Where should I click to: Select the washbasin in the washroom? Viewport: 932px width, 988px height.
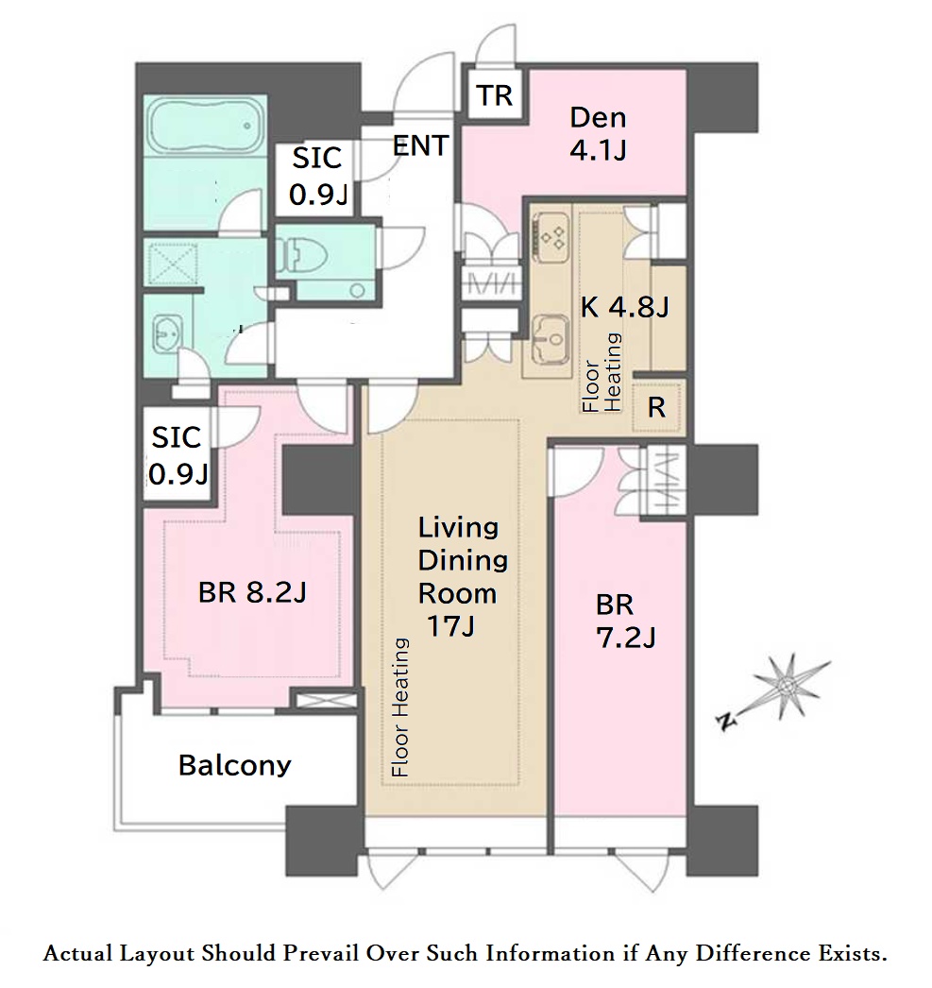click(x=166, y=332)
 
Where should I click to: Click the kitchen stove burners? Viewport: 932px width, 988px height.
click(x=551, y=237)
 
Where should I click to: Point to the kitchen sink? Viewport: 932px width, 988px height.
click(x=551, y=340)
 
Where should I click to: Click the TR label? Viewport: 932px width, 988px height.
click(x=495, y=95)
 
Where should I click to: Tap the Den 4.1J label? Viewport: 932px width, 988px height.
click(x=599, y=133)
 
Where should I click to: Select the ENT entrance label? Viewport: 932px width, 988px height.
click(x=420, y=145)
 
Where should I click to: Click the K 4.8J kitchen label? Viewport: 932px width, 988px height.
click(x=624, y=307)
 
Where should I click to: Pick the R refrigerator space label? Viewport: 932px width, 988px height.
click(x=656, y=408)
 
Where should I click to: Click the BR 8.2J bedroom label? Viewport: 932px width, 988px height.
click(x=252, y=592)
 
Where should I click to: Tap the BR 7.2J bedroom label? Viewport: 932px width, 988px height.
click(x=625, y=622)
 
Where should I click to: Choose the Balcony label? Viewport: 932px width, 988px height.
click(x=235, y=765)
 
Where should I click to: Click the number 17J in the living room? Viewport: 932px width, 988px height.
click(x=450, y=625)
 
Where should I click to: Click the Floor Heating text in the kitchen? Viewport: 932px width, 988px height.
click(x=602, y=372)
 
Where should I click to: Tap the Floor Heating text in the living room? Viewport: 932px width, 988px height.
click(x=399, y=707)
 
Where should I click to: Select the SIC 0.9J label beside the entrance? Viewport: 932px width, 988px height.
click(x=318, y=176)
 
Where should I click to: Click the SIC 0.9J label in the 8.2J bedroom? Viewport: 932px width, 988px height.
click(x=178, y=455)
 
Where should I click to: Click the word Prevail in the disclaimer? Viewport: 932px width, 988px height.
click(x=321, y=953)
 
